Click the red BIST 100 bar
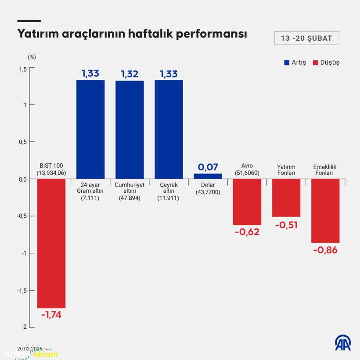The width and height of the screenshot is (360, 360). pos(51,243)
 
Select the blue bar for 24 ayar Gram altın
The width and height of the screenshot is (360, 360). pos(90,129)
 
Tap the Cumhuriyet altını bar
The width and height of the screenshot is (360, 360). pos(130,130)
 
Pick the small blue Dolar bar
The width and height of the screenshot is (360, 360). pos(208,176)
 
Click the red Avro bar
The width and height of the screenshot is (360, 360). pos(247,202)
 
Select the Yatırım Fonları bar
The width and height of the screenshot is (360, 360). pos(286,198)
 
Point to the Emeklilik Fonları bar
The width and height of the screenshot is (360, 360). pos(325,211)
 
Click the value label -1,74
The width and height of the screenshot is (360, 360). pos(51,315)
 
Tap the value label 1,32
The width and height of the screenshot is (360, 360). pos(130,74)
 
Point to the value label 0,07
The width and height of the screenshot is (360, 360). pos(208,167)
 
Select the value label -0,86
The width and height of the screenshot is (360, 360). pos(325,250)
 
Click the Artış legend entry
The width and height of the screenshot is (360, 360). pos(295,62)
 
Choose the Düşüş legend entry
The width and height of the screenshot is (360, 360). pos(326,62)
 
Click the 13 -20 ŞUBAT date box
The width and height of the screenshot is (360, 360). pos(306,38)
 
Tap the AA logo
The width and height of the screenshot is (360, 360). pos(343,343)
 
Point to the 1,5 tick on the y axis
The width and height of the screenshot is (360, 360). pos(22,69)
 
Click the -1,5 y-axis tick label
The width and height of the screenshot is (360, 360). pos(22,291)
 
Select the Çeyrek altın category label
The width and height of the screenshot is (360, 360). pos(169,191)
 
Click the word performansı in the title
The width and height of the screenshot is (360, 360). pos(212,34)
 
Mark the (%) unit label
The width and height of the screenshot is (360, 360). pos(32,57)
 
